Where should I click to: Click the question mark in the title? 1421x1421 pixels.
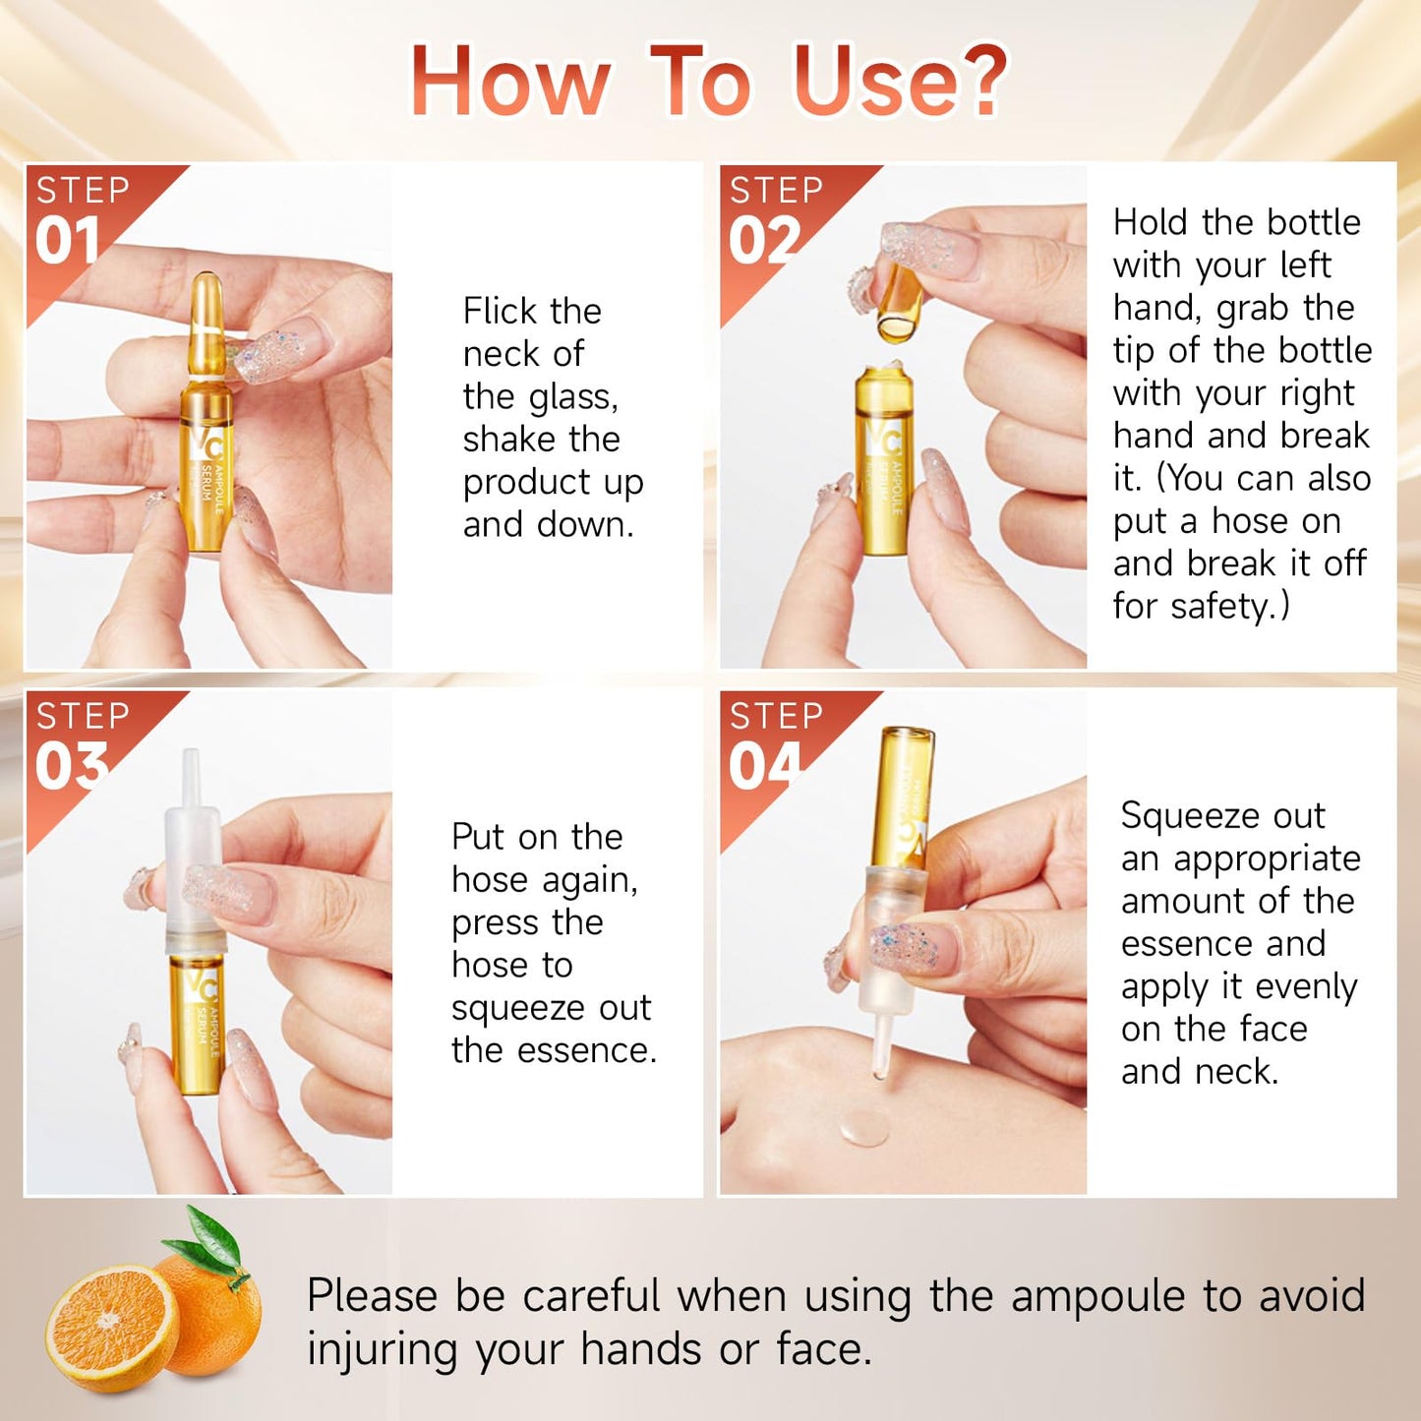[977, 81]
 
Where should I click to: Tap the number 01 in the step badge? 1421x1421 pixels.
[68, 241]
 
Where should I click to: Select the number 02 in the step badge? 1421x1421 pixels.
[762, 241]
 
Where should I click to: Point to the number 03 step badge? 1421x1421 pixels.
[71, 766]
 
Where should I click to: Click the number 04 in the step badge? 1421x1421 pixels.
[764, 766]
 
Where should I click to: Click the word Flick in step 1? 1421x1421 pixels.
[502, 312]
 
